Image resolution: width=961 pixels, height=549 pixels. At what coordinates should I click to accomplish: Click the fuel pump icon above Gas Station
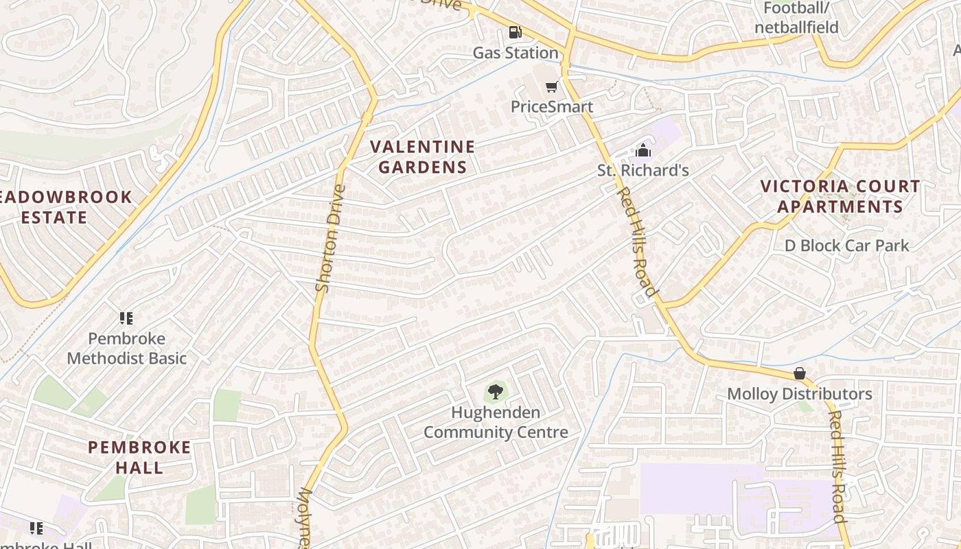point(515,32)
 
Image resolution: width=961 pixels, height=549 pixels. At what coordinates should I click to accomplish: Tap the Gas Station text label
point(516,53)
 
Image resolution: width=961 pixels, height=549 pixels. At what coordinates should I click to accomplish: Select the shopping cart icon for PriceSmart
point(551,86)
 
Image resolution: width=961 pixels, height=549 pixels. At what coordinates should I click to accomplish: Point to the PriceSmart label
point(551,107)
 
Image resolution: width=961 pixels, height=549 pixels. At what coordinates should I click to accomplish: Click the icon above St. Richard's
point(643,150)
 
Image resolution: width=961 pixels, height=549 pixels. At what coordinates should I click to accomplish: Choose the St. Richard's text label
point(643,170)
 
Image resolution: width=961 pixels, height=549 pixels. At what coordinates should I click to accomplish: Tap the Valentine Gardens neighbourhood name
point(423,156)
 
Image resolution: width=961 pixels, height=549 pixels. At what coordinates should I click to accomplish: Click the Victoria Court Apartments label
point(840,196)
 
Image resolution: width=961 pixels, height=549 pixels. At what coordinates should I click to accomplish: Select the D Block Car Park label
point(847,245)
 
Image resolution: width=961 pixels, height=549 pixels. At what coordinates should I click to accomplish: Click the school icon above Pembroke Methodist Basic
point(126,318)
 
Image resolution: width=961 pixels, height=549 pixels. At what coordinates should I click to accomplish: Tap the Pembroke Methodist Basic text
point(127,348)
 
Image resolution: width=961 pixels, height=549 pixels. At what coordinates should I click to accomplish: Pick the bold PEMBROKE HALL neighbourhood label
point(139,457)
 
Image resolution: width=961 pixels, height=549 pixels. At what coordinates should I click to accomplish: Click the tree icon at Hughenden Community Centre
point(495,392)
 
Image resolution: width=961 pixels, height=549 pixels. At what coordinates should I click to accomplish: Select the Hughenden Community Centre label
point(496,422)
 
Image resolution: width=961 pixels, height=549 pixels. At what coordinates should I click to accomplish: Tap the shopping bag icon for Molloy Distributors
point(799,373)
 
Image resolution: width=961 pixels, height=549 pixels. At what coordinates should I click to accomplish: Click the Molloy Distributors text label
point(799,394)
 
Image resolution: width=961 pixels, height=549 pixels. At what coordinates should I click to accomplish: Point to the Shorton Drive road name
point(329,237)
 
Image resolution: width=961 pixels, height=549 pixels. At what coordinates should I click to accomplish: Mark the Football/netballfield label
point(796,18)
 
